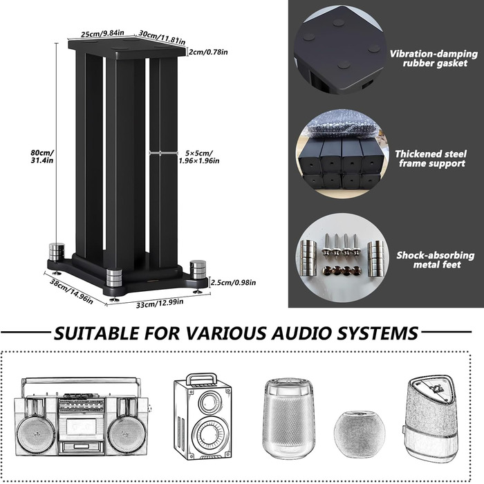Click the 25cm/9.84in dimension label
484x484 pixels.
coord(102,32)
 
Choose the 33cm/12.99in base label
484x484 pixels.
coord(165,303)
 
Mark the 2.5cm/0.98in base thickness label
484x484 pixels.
coord(233,282)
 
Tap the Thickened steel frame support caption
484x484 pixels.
coord(429,159)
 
